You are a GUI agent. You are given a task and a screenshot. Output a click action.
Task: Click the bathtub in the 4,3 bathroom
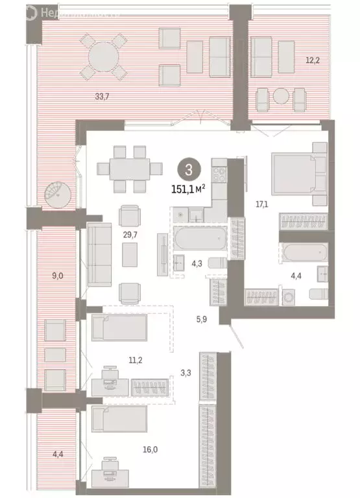200,239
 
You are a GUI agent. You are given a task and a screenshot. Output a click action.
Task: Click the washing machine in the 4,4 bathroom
289,297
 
